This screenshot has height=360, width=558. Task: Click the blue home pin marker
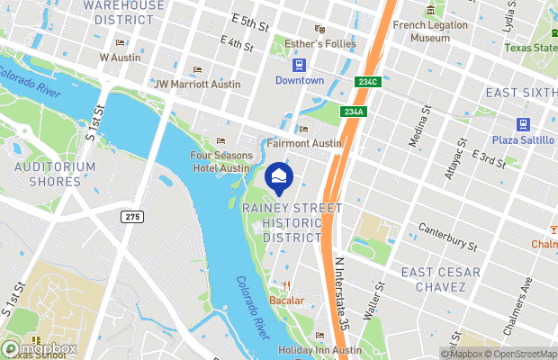pyautogui.click(x=279, y=176)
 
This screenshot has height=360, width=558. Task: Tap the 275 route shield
pyautogui.click(x=132, y=216)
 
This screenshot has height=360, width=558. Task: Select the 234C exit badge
pyautogui.click(x=369, y=82)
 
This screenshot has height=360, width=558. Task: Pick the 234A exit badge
pyautogui.click(x=354, y=112)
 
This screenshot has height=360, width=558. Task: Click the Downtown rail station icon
pyautogui.click(x=299, y=65)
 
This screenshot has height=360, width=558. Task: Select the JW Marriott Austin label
pyautogui.click(x=198, y=85)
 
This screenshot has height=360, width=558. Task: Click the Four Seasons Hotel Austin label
pyautogui.click(x=220, y=161)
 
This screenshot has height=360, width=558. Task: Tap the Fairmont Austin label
pyautogui.click(x=304, y=143)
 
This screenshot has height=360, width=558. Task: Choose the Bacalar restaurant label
pyautogui.click(x=287, y=300)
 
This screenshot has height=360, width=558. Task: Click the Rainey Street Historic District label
pyautogui.click(x=292, y=222)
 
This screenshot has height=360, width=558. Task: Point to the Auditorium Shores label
pyautogui.click(x=55, y=174)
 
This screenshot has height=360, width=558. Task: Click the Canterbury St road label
pyautogui.click(x=445, y=237)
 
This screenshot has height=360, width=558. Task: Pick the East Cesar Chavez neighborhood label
pyautogui.click(x=440, y=279)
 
